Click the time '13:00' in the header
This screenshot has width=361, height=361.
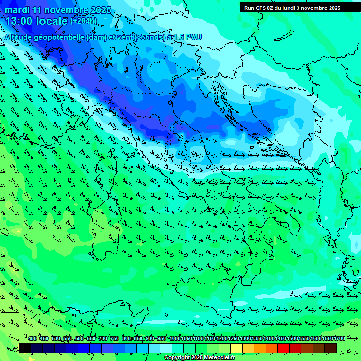pyautogui.click(x=21, y=22)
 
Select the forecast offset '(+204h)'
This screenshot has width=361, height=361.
pyautogui.click(x=84, y=21)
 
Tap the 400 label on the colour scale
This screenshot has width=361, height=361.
pyautogui.click(x=32, y=339)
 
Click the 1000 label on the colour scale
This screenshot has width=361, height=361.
pyautogui.click(x=174, y=339)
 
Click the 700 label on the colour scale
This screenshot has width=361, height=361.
pyautogui.click(x=103, y=339)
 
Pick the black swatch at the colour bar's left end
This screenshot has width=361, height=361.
pyautogui.click(x=25, y=348)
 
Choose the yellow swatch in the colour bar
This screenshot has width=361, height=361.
pyautogui.click(x=236, y=348)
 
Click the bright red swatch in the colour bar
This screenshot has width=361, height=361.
pyautogui.click(x=283, y=348)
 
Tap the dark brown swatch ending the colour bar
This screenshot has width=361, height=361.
pyautogui.click(x=330, y=348)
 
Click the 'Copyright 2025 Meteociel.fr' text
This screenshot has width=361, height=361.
pyautogui.click(x=199, y=358)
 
